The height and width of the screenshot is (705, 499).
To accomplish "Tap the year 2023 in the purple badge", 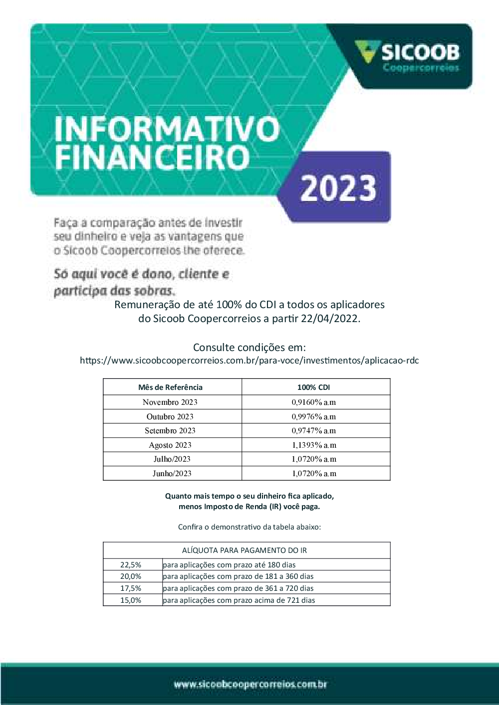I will click(x=338, y=188).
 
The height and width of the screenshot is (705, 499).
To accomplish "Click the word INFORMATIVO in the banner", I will click(x=167, y=130).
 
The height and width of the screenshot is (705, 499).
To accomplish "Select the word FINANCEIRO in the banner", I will click(x=152, y=158).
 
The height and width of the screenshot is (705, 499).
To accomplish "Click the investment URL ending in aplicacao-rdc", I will click(x=249, y=360).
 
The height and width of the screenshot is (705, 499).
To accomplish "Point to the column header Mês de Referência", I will click(x=170, y=387).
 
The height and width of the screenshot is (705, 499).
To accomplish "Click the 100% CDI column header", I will click(x=313, y=387).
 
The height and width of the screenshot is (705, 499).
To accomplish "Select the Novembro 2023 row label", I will click(x=170, y=402).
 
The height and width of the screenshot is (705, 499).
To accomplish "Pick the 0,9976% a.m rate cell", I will click(x=313, y=417).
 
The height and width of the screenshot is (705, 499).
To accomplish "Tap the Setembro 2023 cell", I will click(x=170, y=431).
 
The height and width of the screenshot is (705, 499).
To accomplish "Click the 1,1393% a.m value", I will click(x=313, y=445).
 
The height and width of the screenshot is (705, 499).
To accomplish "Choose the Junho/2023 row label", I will click(x=172, y=474).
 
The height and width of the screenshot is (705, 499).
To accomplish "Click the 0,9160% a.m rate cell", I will click(x=313, y=402).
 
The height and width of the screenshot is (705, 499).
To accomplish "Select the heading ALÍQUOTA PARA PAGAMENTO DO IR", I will click(x=245, y=550).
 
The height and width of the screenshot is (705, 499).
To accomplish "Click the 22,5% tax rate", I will click(x=131, y=565).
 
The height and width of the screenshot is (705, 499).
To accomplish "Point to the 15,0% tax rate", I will click(x=131, y=600).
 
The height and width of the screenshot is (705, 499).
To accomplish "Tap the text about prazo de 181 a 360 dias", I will click(x=238, y=576).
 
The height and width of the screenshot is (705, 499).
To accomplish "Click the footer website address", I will click(x=250, y=684).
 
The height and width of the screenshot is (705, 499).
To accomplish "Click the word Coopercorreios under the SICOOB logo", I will click(x=421, y=68).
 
